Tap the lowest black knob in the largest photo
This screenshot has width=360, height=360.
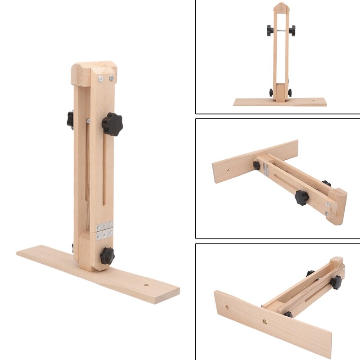pyautogui.click(x=107, y=256)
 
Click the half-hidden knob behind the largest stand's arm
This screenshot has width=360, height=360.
pyautogui.click(x=70, y=119)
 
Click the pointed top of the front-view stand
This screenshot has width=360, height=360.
pyautogui.click(x=281, y=7)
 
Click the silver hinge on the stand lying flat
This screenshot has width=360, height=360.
pyautogui.click(x=266, y=169)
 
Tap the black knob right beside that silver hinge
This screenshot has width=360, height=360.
pyautogui.click(x=256, y=165)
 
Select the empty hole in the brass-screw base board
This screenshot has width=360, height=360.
pyautogui.click(x=227, y=309)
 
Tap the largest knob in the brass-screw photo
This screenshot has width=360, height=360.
pyautogui.click(x=336, y=282)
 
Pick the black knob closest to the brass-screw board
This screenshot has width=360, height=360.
pyautogui.click(x=288, y=314)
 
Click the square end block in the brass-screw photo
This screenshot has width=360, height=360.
pyautogui.click(x=337, y=263)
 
